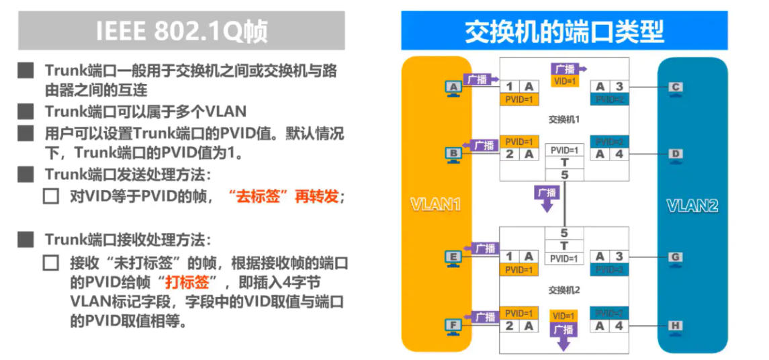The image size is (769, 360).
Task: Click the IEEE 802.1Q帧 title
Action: point(181,31)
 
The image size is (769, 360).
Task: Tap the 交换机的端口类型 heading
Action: point(564,30)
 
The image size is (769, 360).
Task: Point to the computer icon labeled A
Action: point(454,88)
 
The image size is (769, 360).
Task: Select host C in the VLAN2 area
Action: point(676,87)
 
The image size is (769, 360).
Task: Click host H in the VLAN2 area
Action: point(676,326)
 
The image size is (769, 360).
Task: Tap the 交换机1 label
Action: point(563,120)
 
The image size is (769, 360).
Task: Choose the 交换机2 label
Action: point(563,291)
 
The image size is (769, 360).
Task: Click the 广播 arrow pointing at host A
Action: point(482,79)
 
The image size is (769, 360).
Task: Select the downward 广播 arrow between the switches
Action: point(547,197)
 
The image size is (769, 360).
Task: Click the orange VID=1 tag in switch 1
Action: point(565,81)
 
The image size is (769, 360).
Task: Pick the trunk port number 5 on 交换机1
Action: point(564,175)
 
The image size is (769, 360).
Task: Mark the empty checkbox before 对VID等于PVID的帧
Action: point(51,197)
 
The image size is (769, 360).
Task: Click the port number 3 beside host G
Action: point(619,257)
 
